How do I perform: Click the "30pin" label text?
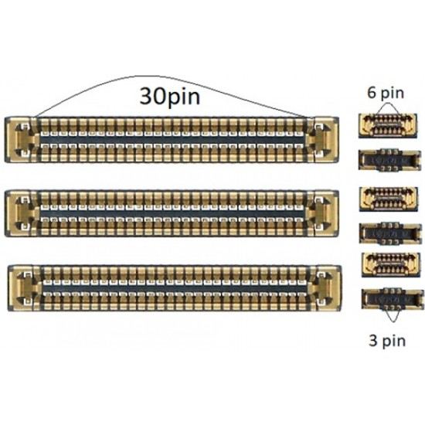click(170, 97)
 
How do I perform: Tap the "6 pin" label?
click(385, 93)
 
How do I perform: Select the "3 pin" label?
click(387, 341)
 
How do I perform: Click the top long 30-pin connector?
click(172, 140)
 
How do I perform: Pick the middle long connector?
click(172, 213)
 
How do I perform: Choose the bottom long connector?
click(175, 288)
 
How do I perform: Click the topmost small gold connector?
click(388, 126)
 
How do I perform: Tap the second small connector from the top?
click(389, 160)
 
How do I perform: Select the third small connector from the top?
click(389, 199)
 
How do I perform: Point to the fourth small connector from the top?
click(390, 233)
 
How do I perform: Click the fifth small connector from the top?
click(391, 264)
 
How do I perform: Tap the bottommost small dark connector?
click(393, 299)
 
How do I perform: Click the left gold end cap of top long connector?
click(20, 140)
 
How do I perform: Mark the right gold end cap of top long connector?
click(324, 140)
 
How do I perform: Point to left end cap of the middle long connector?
click(21, 213)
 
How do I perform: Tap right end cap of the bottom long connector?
click(327, 288)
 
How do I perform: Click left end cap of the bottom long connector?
click(24, 288)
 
